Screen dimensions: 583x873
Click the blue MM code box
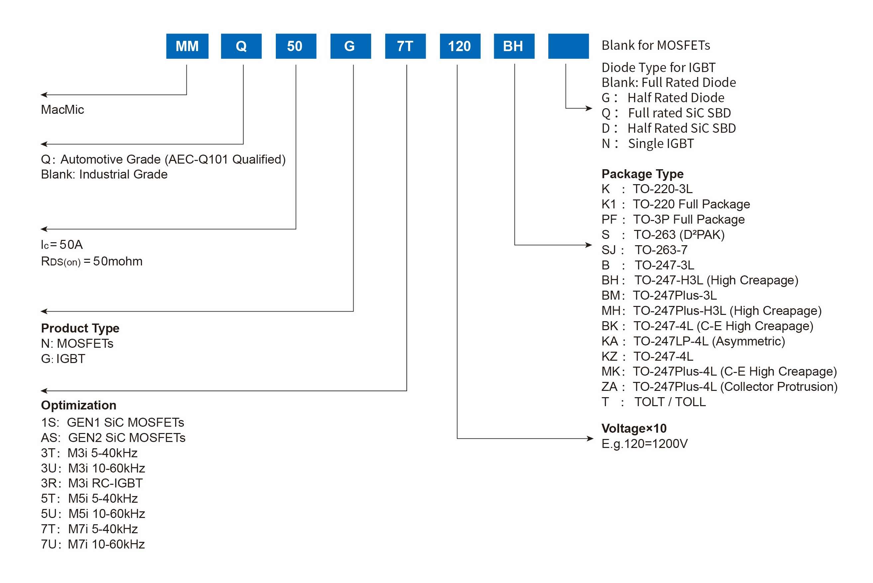187,46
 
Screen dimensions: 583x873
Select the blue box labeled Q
241,46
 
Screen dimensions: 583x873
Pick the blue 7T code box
405,46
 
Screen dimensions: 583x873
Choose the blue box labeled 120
460,46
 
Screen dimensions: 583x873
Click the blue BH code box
514,46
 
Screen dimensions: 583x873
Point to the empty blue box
568,46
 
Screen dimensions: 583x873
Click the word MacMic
62,110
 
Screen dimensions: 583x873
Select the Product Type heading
80,328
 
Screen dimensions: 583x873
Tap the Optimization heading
78,405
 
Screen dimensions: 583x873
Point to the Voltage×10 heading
634,428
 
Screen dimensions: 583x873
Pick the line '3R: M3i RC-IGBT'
92,483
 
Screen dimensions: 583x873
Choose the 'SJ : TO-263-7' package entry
644,250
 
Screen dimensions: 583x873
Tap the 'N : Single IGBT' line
647,144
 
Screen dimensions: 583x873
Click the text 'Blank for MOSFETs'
656,45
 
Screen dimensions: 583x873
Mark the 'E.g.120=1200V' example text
644,444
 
